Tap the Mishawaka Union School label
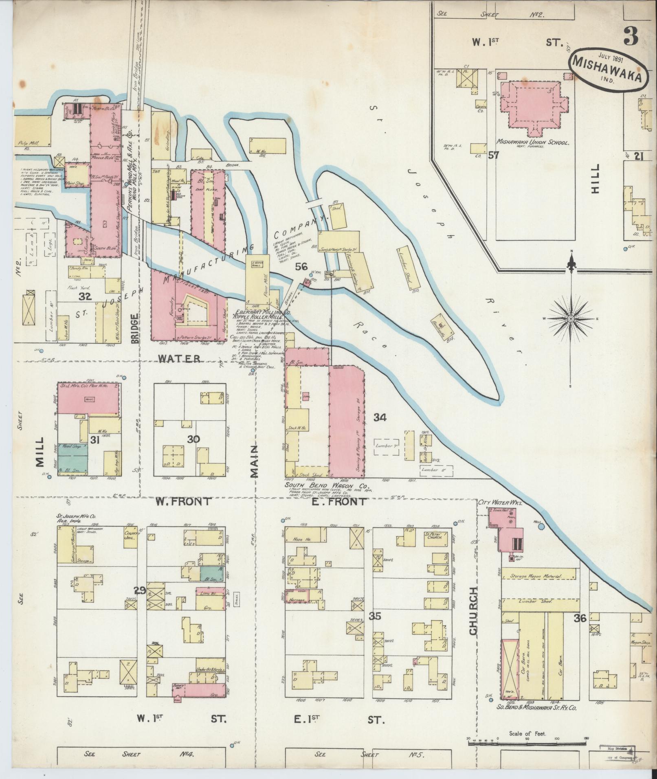(532, 143)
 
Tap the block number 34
(380, 417)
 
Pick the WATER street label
(180, 359)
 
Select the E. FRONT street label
(344, 502)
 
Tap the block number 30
(193, 439)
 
